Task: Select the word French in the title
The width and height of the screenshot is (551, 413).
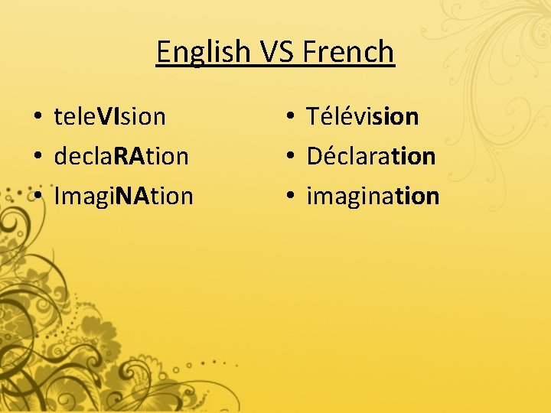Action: pyautogui.click(x=349, y=52)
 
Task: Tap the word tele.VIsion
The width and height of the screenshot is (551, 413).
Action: pyautogui.click(x=109, y=117)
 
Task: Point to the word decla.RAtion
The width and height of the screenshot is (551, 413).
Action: pyautogui.click(x=121, y=157)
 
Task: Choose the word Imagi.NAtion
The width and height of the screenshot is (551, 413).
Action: pyautogui.click(x=124, y=197)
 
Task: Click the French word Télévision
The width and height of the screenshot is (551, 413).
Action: pyautogui.click(x=363, y=116)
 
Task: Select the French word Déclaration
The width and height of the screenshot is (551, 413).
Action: pyautogui.click(x=371, y=156)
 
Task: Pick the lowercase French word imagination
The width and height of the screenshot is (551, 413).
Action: pyautogui.click(x=373, y=197)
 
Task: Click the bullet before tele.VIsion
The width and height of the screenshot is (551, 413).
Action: pyautogui.click(x=37, y=118)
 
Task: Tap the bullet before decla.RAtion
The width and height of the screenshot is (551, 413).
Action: pyautogui.click(x=37, y=158)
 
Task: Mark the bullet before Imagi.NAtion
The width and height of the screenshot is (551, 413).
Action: pyautogui.click(x=37, y=197)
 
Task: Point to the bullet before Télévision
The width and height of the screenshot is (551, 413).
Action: pyautogui.click(x=290, y=118)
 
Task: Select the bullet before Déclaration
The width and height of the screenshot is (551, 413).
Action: pyautogui.click(x=290, y=158)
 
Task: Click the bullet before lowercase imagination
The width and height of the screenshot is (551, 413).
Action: pyautogui.click(x=290, y=197)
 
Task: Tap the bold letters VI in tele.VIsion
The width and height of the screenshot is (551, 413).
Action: pyautogui.click(x=108, y=117)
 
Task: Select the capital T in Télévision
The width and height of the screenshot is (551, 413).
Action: pyautogui.click(x=313, y=117)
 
